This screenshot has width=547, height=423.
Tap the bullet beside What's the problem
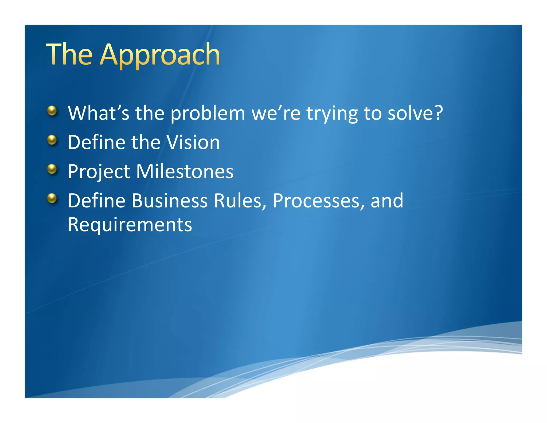pyautogui.click(x=52, y=110)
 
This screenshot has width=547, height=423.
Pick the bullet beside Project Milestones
pyautogui.click(x=52, y=169)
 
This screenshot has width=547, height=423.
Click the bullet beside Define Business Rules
pyautogui.click(x=52, y=198)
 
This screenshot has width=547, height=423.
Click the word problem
pyautogui.click(x=208, y=113)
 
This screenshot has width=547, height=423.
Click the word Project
pyautogui.click(x=99, y=172)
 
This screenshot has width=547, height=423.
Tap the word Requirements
pyautogui.click(x=130, y=225)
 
